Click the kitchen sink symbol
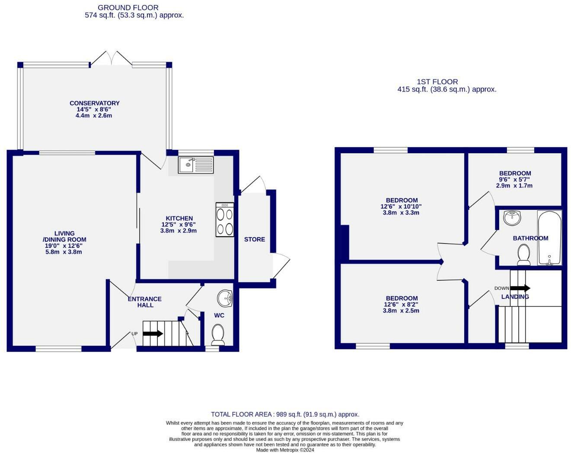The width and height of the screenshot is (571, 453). point(196,165)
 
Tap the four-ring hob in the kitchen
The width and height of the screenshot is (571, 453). point(225,220)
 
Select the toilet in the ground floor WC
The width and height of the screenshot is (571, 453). point(218,335)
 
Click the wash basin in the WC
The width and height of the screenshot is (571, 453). point(225,298)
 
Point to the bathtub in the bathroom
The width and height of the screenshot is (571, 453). point(549,238)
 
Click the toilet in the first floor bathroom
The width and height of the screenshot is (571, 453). point(524,254)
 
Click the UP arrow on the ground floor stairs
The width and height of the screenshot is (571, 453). point(153,333)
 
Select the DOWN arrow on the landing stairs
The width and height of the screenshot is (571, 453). point(520,288)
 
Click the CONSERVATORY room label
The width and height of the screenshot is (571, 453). point(94,103)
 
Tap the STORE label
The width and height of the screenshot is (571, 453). point(254,239)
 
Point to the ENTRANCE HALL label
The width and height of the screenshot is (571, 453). point(145,302)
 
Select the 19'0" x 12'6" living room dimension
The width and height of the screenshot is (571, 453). point(64,246)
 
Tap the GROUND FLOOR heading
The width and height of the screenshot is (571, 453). point(128,7)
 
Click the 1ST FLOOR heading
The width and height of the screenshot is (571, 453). point(437,82)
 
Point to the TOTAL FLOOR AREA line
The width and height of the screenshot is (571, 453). point(285,414)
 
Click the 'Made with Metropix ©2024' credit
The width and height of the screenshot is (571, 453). point(285,450)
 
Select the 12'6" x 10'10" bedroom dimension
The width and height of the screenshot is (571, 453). point(401,206)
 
